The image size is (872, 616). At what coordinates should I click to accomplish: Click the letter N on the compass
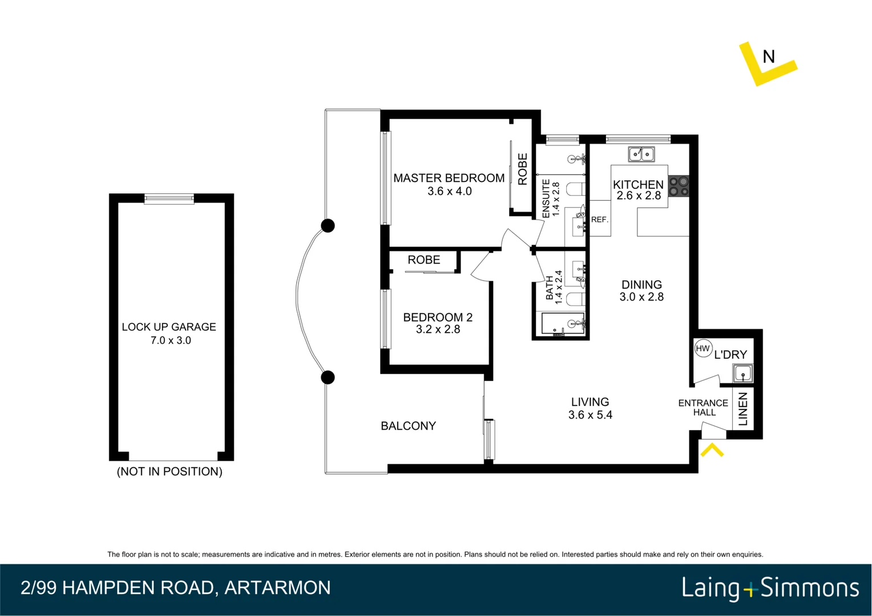768,57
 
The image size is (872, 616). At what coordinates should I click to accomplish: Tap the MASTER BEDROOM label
449,178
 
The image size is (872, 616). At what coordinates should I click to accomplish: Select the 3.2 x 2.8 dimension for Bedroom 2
438,330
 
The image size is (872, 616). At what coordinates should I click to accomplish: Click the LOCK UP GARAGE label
168,327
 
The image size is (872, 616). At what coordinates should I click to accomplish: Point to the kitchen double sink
641,154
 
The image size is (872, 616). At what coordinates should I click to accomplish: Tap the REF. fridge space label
599,220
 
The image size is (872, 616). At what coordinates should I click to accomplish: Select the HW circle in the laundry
703,348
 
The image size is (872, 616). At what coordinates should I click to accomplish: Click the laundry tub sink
742,374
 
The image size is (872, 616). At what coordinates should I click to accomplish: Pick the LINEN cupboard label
743,409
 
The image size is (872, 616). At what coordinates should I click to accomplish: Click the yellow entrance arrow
712,451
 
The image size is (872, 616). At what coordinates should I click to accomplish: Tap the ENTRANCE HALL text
703,407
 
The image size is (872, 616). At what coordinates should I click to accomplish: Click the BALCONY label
408,426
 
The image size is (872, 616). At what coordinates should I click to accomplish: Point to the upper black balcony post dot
328,226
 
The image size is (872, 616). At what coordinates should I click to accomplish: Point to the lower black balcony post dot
328,378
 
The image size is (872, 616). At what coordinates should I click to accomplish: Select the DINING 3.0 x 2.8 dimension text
641,297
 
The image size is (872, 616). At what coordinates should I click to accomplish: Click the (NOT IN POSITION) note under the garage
169,472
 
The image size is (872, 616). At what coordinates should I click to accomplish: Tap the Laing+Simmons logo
770,588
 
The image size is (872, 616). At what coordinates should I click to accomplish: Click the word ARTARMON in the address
277,588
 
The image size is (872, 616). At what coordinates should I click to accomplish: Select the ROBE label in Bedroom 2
423,260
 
